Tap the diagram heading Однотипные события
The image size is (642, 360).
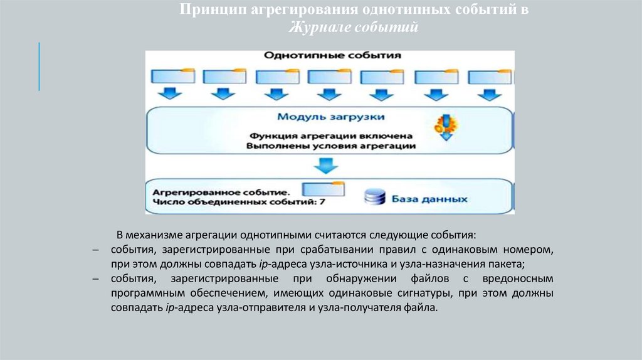[332, 56]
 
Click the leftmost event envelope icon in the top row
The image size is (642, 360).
[168, 75]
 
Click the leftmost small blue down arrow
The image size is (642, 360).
[168, 95]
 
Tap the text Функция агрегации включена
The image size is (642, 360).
[331, 135]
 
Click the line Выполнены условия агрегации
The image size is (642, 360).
[331, 146]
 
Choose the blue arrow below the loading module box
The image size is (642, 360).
[326, 166]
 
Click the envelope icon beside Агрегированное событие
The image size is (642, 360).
[323, 189]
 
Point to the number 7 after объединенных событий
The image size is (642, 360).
[322, 202]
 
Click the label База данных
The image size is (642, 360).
[430, 199]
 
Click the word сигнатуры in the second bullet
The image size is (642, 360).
[424, 293]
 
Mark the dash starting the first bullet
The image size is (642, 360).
[95, 250]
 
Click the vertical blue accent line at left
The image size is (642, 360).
[39, 66]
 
